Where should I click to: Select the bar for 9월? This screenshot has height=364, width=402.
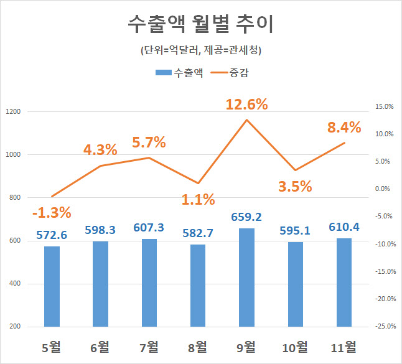246,278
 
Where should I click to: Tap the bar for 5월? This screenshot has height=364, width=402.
52,286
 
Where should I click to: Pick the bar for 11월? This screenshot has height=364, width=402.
344,282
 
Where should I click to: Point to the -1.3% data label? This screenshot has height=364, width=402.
52,212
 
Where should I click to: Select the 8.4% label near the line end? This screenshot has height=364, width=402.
344,128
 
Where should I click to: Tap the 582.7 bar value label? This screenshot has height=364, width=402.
198,235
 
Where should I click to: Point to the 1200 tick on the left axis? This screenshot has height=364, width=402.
13,112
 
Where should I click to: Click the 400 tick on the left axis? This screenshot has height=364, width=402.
13,284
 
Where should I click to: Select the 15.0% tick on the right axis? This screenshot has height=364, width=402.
385,106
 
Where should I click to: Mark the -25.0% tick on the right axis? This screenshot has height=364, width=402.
384,326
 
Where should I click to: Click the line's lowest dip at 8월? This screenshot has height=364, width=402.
198,183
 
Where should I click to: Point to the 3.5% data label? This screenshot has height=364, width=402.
294,186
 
